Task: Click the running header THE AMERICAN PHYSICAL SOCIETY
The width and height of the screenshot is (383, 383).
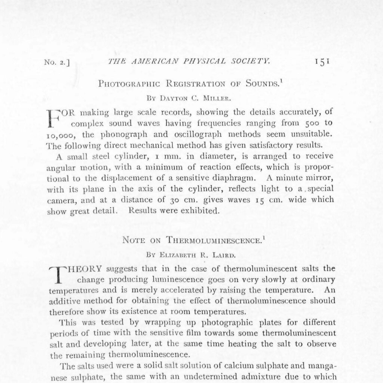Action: (189, 61)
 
